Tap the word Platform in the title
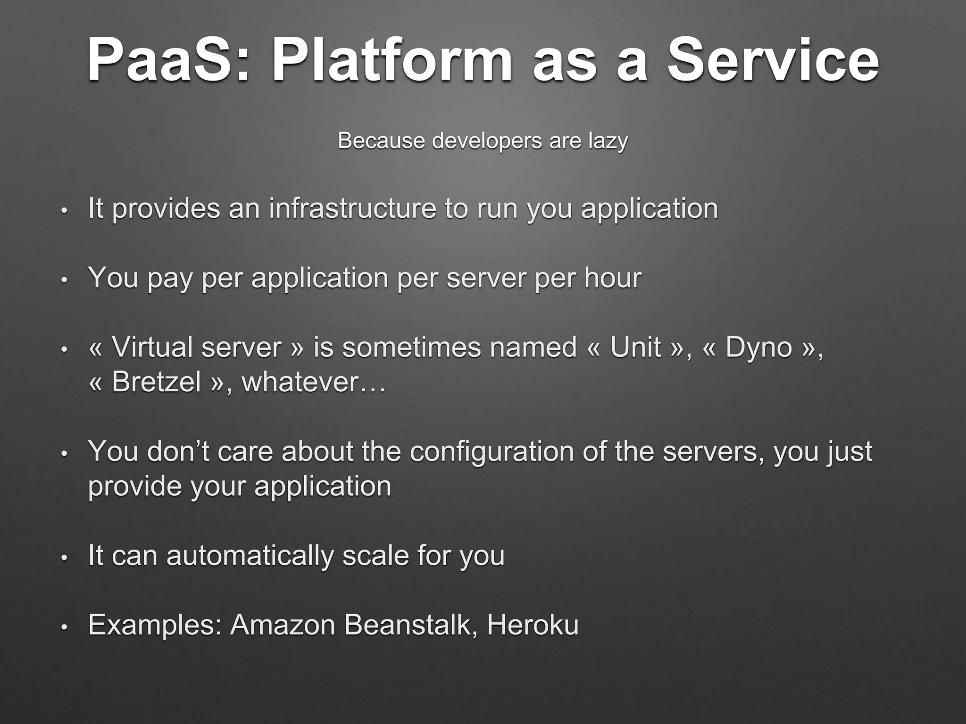coord(391,60)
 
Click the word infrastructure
coord(352,208)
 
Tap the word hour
coord(613,278)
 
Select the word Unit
coord(635,347)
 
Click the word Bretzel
coord(156,382)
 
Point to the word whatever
coord(306,382)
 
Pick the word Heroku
coord(533,625)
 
